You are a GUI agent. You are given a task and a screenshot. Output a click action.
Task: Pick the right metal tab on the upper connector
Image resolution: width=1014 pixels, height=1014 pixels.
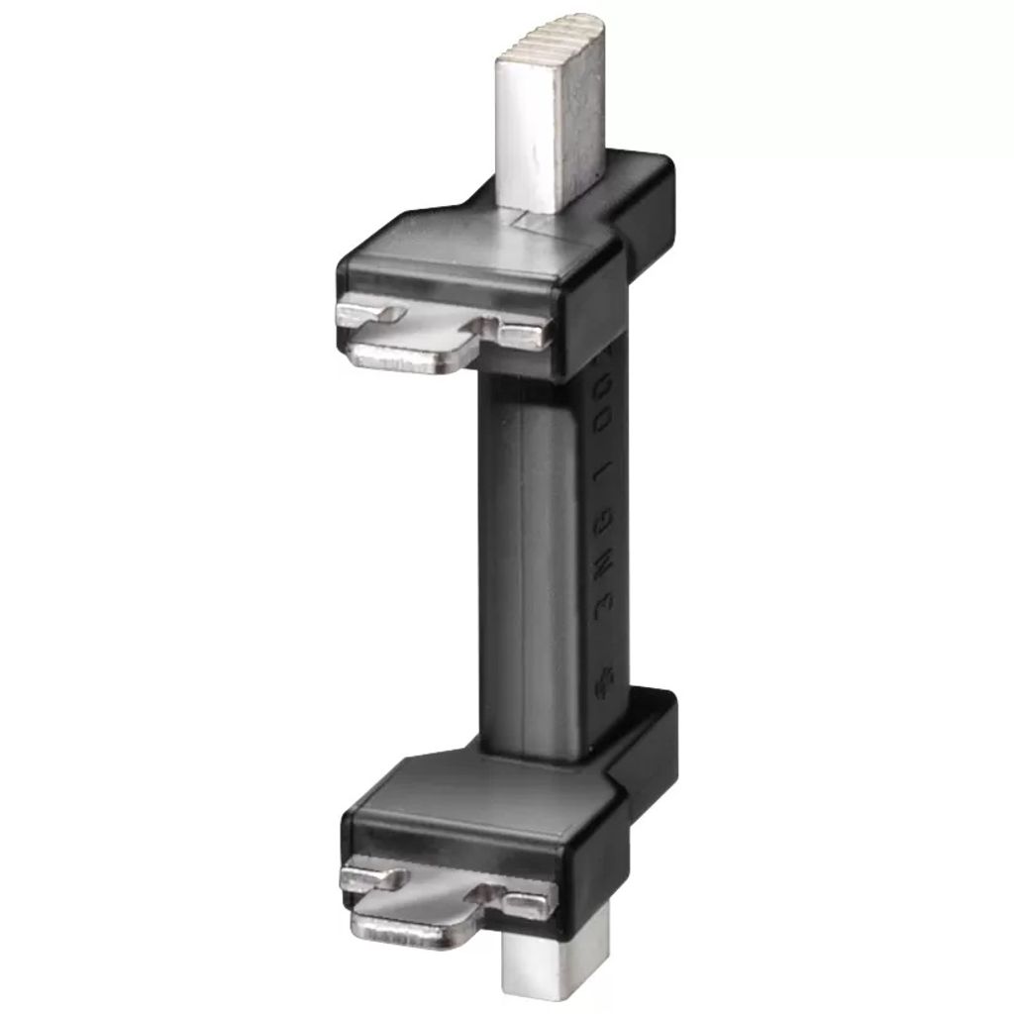tap(523, 335)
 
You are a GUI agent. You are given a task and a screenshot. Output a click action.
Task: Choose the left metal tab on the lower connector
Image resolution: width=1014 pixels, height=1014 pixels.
tap(372, 876)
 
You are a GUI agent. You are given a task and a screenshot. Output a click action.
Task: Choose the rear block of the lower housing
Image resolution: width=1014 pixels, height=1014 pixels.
tap(649, 738)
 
